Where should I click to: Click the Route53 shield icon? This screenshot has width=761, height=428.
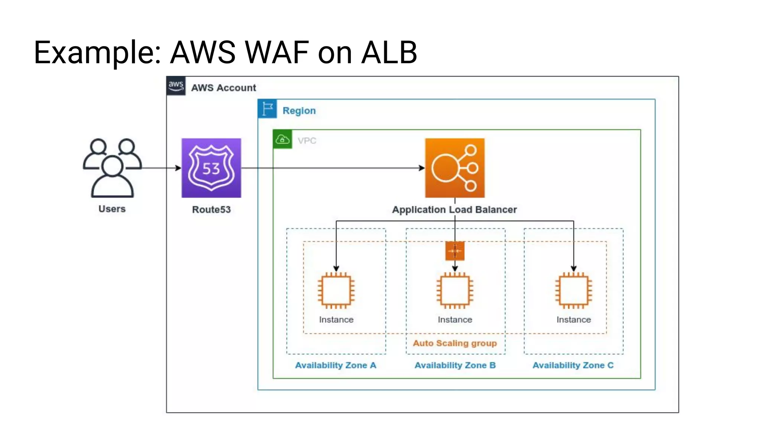211,168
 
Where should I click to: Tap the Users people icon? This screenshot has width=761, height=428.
112,168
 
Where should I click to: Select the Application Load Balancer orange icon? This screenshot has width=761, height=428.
454,168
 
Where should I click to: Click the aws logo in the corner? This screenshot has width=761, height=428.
176,86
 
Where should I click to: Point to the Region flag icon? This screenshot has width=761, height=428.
267,109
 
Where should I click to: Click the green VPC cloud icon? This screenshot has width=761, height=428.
282,139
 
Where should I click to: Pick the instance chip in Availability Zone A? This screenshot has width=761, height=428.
336,291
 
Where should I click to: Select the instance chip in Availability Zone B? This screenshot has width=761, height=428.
454,291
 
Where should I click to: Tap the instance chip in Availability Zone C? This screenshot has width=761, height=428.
573,291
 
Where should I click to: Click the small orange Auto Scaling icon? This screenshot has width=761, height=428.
454,251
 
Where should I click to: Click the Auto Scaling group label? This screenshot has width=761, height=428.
454,343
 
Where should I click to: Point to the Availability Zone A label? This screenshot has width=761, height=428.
336,365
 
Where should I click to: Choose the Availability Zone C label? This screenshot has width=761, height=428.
573,365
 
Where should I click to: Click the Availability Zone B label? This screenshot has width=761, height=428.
455,365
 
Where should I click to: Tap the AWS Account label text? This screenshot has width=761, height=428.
223,88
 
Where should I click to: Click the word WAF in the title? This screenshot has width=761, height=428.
276,52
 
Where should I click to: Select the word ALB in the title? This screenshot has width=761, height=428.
389,52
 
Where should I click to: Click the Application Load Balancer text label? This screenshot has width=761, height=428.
454,210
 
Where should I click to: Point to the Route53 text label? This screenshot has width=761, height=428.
211,210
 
